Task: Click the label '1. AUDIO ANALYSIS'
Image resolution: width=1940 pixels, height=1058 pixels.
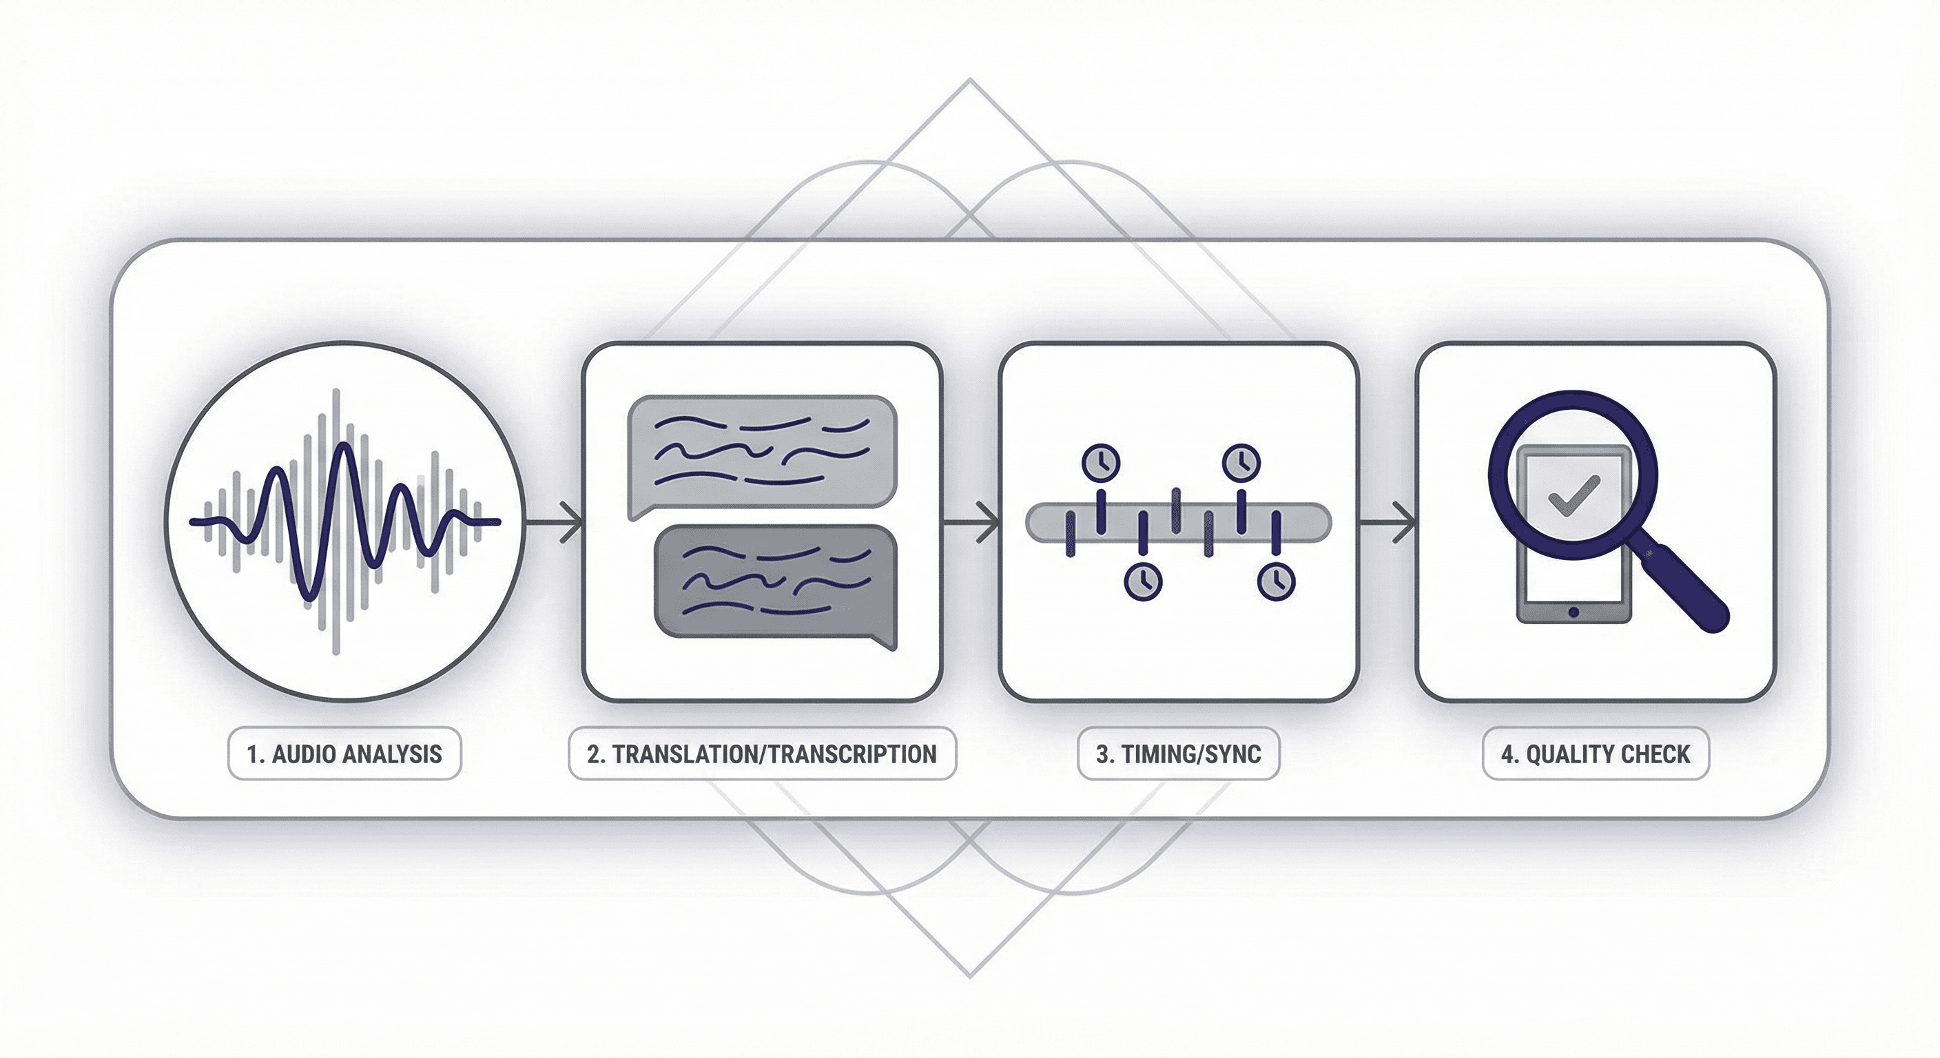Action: pyautogui.click(x=344, y=754)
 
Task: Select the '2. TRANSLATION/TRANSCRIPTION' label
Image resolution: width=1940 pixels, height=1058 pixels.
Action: pyautogui.click(x=761, y=754)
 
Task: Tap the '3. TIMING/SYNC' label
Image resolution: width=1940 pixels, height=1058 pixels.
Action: pyautogui.click(x=1178, y=754)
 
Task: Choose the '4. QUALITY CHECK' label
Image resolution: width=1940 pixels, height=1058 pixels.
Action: pyautogui.click(x=1595, y=754)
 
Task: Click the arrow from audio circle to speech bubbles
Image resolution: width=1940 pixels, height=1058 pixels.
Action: pyautogui.click(x=557, y=521)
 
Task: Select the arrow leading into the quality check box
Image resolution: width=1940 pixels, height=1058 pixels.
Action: pyautogui.click(x=1390, y=521)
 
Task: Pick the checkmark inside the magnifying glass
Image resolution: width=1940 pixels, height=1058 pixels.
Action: pyautogui.click(x=1573, y=494)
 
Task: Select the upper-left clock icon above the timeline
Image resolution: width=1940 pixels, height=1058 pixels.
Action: pyautogui.click(x=1101, y=461)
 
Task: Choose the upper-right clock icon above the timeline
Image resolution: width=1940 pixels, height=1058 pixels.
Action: pyautogui.click(x=1240, y=461)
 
